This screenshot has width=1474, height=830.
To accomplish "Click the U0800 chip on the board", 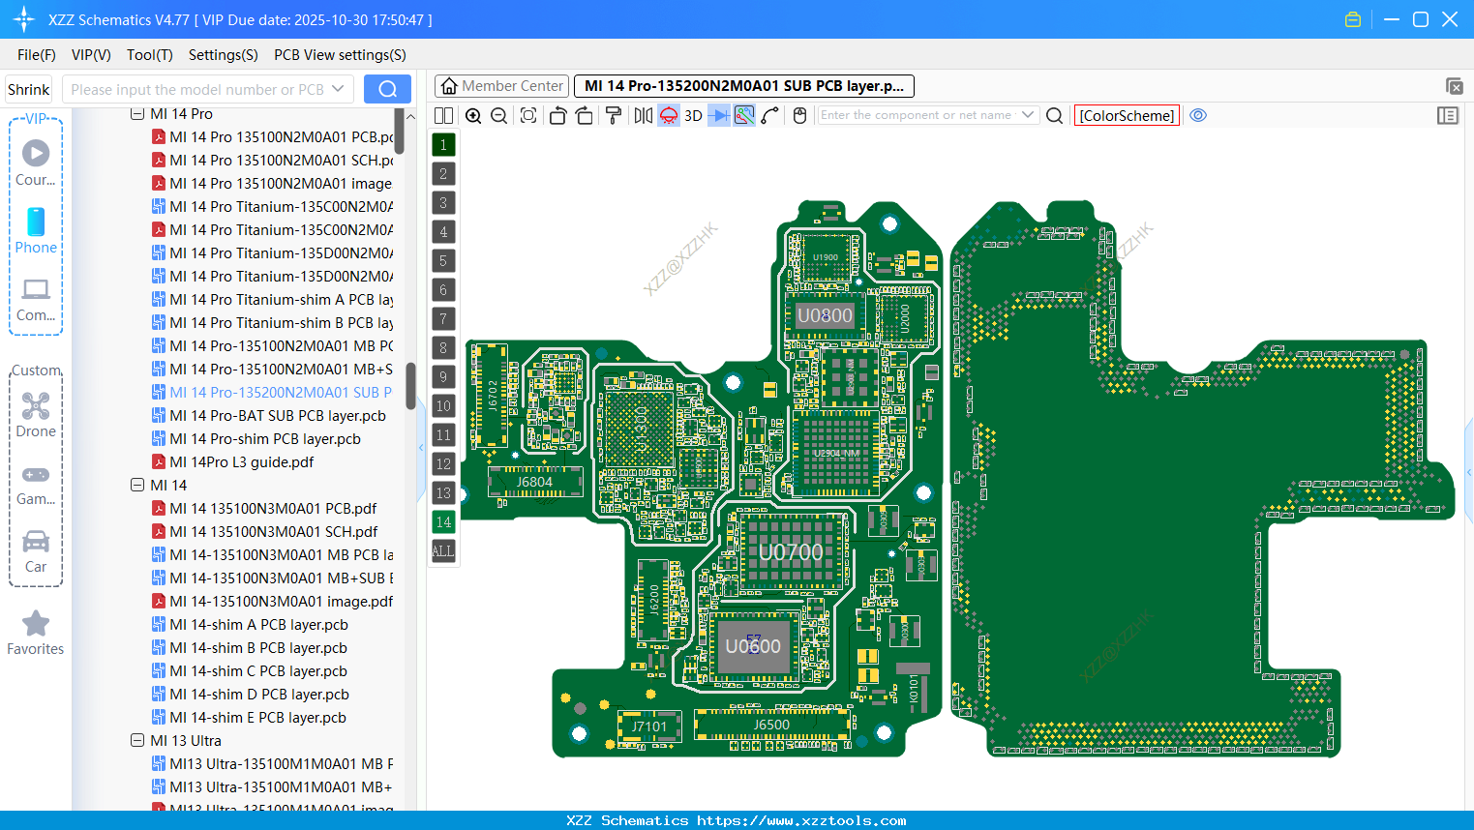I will point(825,315).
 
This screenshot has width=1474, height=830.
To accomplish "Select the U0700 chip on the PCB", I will point(791,552).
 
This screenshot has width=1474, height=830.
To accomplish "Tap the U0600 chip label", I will point(753,646).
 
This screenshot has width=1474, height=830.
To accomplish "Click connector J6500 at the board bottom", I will point(771,725).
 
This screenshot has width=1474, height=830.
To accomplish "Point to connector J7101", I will point(649,726).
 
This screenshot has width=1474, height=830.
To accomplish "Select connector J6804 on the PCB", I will point(534,482).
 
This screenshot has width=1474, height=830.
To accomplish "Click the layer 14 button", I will point(443,522).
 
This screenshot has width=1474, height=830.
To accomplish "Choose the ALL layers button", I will point(443,551).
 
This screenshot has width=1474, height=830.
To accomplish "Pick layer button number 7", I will point(443,319).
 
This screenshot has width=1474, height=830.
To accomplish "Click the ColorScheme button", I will point(1127,115).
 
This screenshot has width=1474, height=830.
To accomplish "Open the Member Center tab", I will point(502,86).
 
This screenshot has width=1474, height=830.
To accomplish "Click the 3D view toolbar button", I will point(693,115).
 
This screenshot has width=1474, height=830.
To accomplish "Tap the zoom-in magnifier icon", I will point(473,115).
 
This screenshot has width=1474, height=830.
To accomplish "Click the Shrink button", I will point(28,89).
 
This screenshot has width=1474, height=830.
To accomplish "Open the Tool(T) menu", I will point(149,55).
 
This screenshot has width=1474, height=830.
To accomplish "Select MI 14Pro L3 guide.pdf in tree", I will point(242,462).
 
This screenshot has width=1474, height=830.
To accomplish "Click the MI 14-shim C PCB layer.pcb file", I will point(258,671).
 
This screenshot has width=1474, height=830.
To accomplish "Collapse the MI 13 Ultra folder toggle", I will point(137,741).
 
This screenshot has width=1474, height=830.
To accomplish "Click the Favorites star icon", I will point(36,624).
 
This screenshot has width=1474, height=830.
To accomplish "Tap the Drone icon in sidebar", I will point(36,406).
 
